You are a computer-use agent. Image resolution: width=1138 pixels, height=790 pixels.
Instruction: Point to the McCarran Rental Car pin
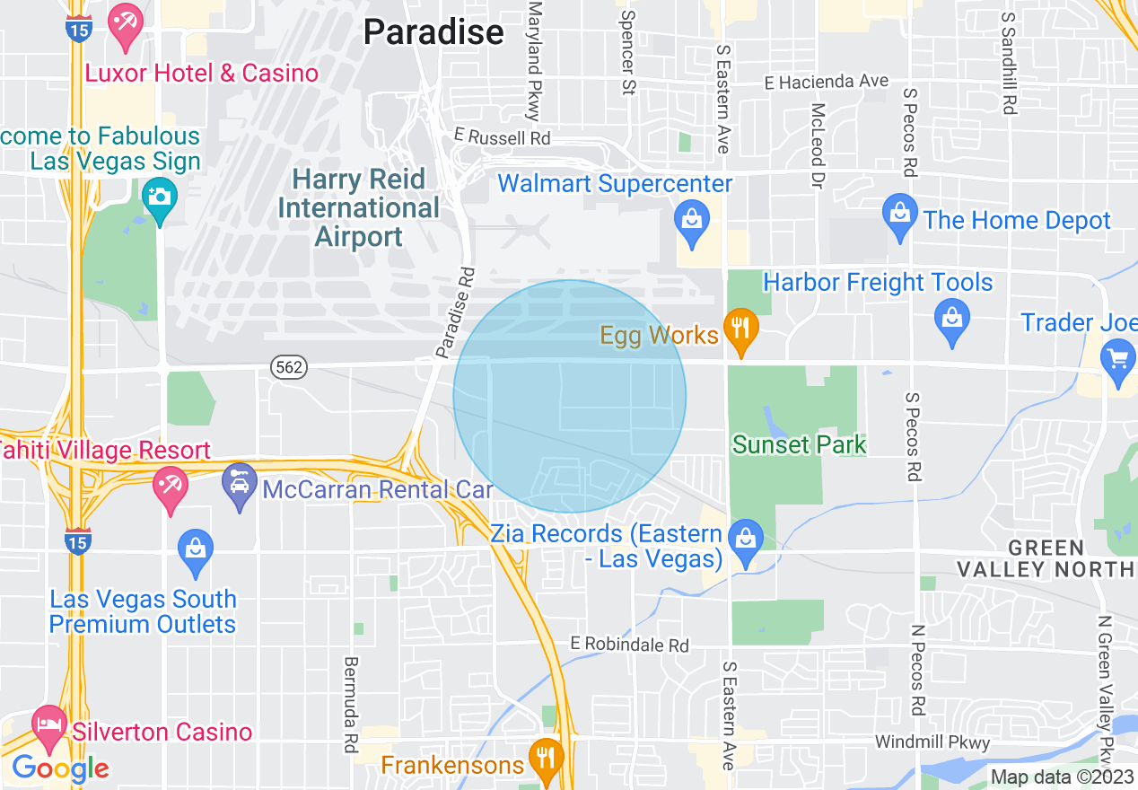tap(240, 486)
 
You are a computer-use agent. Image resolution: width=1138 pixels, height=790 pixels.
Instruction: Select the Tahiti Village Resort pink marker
tap(171, 487)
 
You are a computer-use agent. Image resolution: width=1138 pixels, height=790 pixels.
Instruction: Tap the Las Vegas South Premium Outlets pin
tap(196, 551)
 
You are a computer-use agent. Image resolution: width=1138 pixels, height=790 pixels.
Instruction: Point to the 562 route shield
tap(290, 366)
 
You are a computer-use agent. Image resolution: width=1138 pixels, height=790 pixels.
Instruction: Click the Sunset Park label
tap(799, 444)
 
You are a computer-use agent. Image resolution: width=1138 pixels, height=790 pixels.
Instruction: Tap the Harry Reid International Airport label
tap(359, 208)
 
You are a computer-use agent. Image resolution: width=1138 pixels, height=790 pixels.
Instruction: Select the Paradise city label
tap(433, 33)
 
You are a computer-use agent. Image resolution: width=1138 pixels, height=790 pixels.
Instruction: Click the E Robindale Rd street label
tap(630, 645)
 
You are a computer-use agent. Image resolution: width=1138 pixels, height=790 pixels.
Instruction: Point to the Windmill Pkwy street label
tap(932, 742)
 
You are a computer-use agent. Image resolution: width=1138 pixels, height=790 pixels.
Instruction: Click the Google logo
tap(59, 768)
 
